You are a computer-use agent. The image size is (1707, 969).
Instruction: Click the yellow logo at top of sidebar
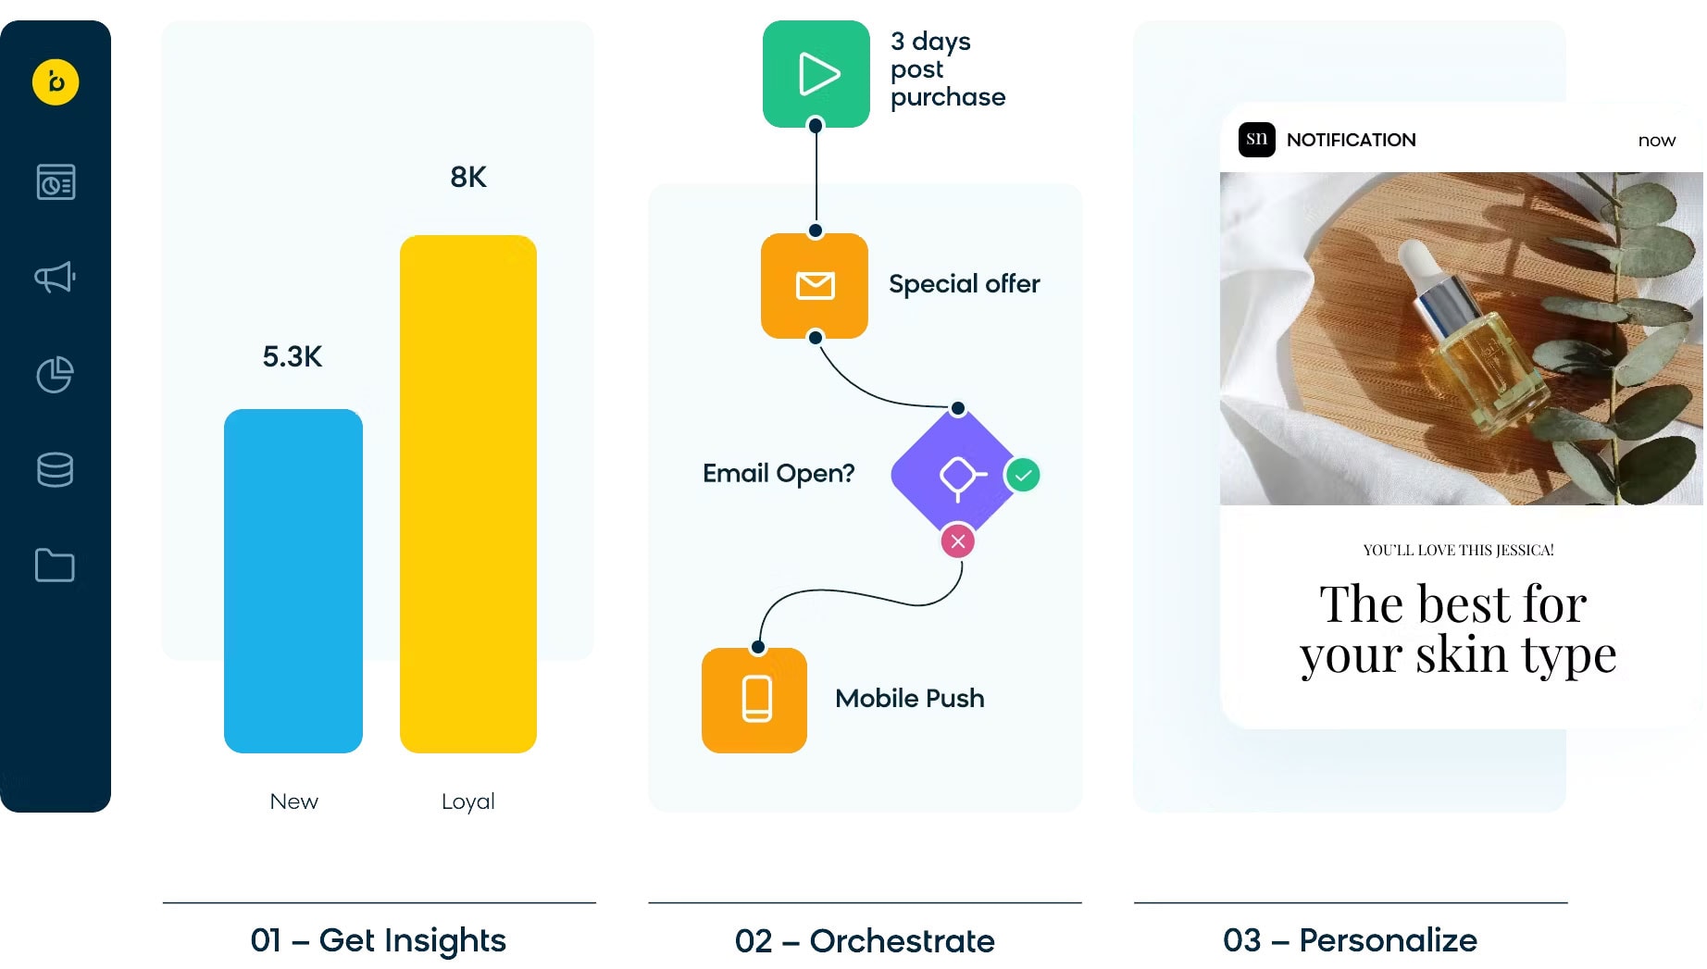click(56, 82)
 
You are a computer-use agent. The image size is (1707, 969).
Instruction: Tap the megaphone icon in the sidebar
click(56, 277)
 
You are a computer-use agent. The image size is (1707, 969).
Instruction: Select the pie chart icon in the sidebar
click(56, 374)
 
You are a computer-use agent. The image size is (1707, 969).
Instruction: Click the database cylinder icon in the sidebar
click(56, 469)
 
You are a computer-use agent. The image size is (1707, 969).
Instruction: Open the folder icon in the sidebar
click(56, 565)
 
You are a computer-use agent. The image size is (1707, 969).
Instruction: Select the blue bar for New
click(293, 580)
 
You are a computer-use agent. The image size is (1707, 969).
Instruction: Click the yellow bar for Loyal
click(468, 493)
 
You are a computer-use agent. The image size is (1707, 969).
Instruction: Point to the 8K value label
click(468, 177)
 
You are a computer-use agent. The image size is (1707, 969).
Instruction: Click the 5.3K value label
click(293, 356)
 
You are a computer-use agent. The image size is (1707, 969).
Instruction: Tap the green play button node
click(816, 74)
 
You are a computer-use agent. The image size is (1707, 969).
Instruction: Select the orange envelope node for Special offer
click(815, 285)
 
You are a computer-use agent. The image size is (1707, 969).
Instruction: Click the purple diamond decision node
click(958, 476)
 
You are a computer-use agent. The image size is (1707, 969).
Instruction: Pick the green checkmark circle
click(1023, 476)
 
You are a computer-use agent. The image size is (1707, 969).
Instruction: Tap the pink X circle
click(958, 541)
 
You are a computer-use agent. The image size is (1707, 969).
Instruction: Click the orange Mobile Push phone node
click(755, 700)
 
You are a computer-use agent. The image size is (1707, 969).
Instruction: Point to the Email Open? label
click(779, 473)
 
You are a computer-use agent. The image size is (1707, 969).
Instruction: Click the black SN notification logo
click(1257, 140)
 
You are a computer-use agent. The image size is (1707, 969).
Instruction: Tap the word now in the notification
click(1656, 141)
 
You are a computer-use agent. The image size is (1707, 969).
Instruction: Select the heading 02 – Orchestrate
click(865, 940)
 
